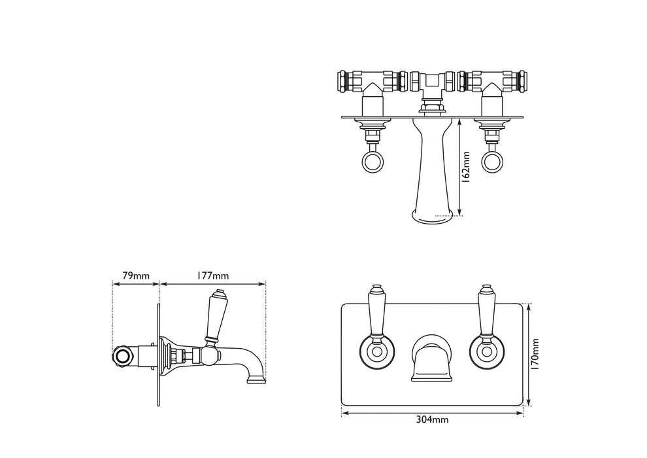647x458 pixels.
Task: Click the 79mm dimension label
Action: [136, 275]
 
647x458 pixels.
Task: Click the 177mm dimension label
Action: [213, 275]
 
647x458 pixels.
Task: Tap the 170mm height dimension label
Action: [535, 354]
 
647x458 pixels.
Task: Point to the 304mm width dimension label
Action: [432, 420]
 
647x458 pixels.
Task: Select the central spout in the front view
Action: [430, 361]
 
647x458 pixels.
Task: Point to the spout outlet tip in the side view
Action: [257, 379]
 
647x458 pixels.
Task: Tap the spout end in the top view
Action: [432, 214]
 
